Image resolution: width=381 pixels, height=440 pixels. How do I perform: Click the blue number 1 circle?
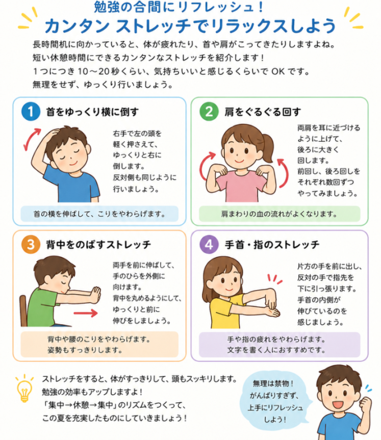31,112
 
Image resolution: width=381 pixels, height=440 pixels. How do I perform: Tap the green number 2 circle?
209,112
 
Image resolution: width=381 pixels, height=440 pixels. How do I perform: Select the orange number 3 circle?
31,244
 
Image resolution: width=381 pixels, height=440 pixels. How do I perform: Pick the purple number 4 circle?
209,244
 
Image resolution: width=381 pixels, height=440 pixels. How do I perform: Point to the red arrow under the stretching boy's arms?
86,313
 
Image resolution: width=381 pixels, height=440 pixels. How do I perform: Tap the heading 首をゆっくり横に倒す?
92,112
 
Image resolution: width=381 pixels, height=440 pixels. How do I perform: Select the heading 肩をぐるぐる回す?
263,112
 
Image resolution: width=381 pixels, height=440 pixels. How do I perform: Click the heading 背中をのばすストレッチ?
98,244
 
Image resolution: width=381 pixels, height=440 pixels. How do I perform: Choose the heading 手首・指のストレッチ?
272,244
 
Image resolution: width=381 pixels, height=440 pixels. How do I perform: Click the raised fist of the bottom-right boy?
366,403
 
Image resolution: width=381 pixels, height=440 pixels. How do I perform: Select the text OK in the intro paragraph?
278,71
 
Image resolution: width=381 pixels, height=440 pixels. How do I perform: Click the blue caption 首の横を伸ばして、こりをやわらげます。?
99,214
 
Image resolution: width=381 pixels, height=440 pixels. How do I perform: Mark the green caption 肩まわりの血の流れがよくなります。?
280,214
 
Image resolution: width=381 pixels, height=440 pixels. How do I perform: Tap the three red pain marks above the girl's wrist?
274,279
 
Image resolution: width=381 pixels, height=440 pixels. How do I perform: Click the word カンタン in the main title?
77,26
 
